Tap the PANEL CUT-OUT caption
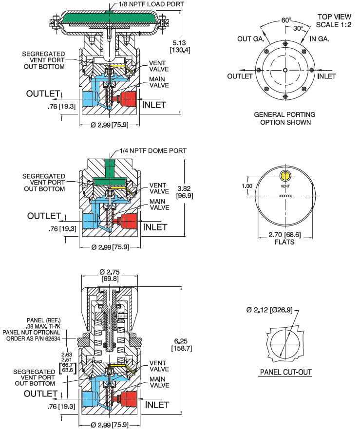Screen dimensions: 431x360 pyautogui.click(x=285, y=373)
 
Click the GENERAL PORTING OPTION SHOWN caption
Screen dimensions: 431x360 pyautogui.click(x=285, y=118)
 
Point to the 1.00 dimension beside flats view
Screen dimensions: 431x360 pyautogui.click(x=248, y=186)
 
